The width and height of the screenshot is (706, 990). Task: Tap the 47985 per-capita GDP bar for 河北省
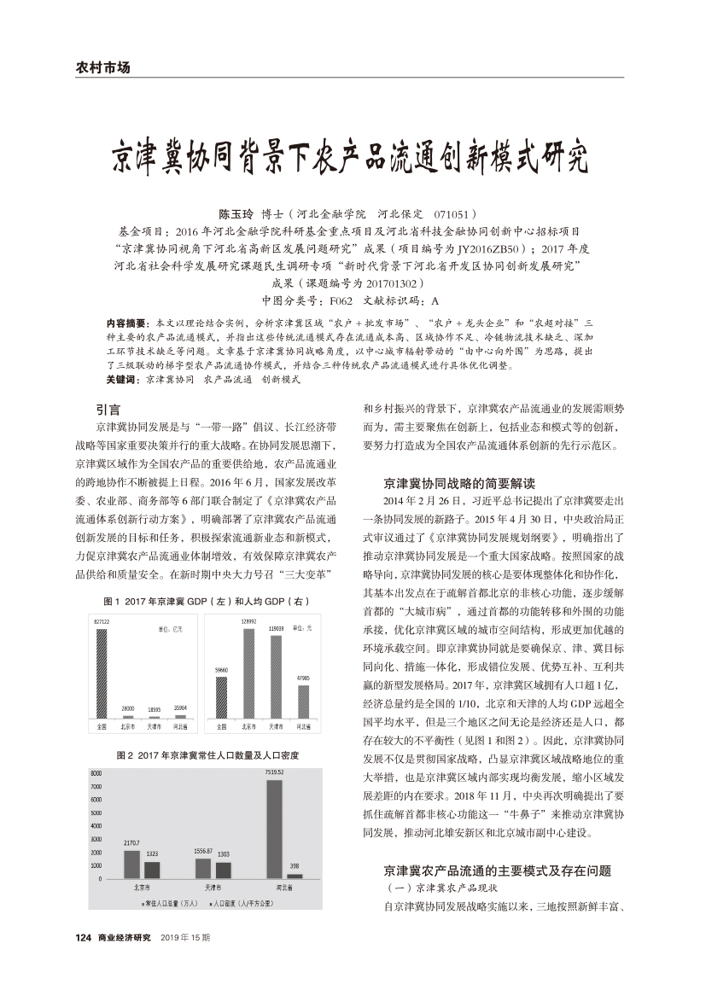click(303, 701)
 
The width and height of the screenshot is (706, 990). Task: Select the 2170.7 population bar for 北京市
click(131, 864)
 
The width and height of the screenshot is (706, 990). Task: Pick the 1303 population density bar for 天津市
click(223, 870)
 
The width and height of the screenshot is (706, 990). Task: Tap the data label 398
click(294, 865)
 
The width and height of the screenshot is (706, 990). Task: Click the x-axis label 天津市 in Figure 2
click(213, 888)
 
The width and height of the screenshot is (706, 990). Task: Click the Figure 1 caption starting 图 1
click(205, 602)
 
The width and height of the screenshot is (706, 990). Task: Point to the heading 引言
click(108, 409)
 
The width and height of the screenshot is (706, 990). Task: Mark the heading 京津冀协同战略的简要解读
click(459, 483)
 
